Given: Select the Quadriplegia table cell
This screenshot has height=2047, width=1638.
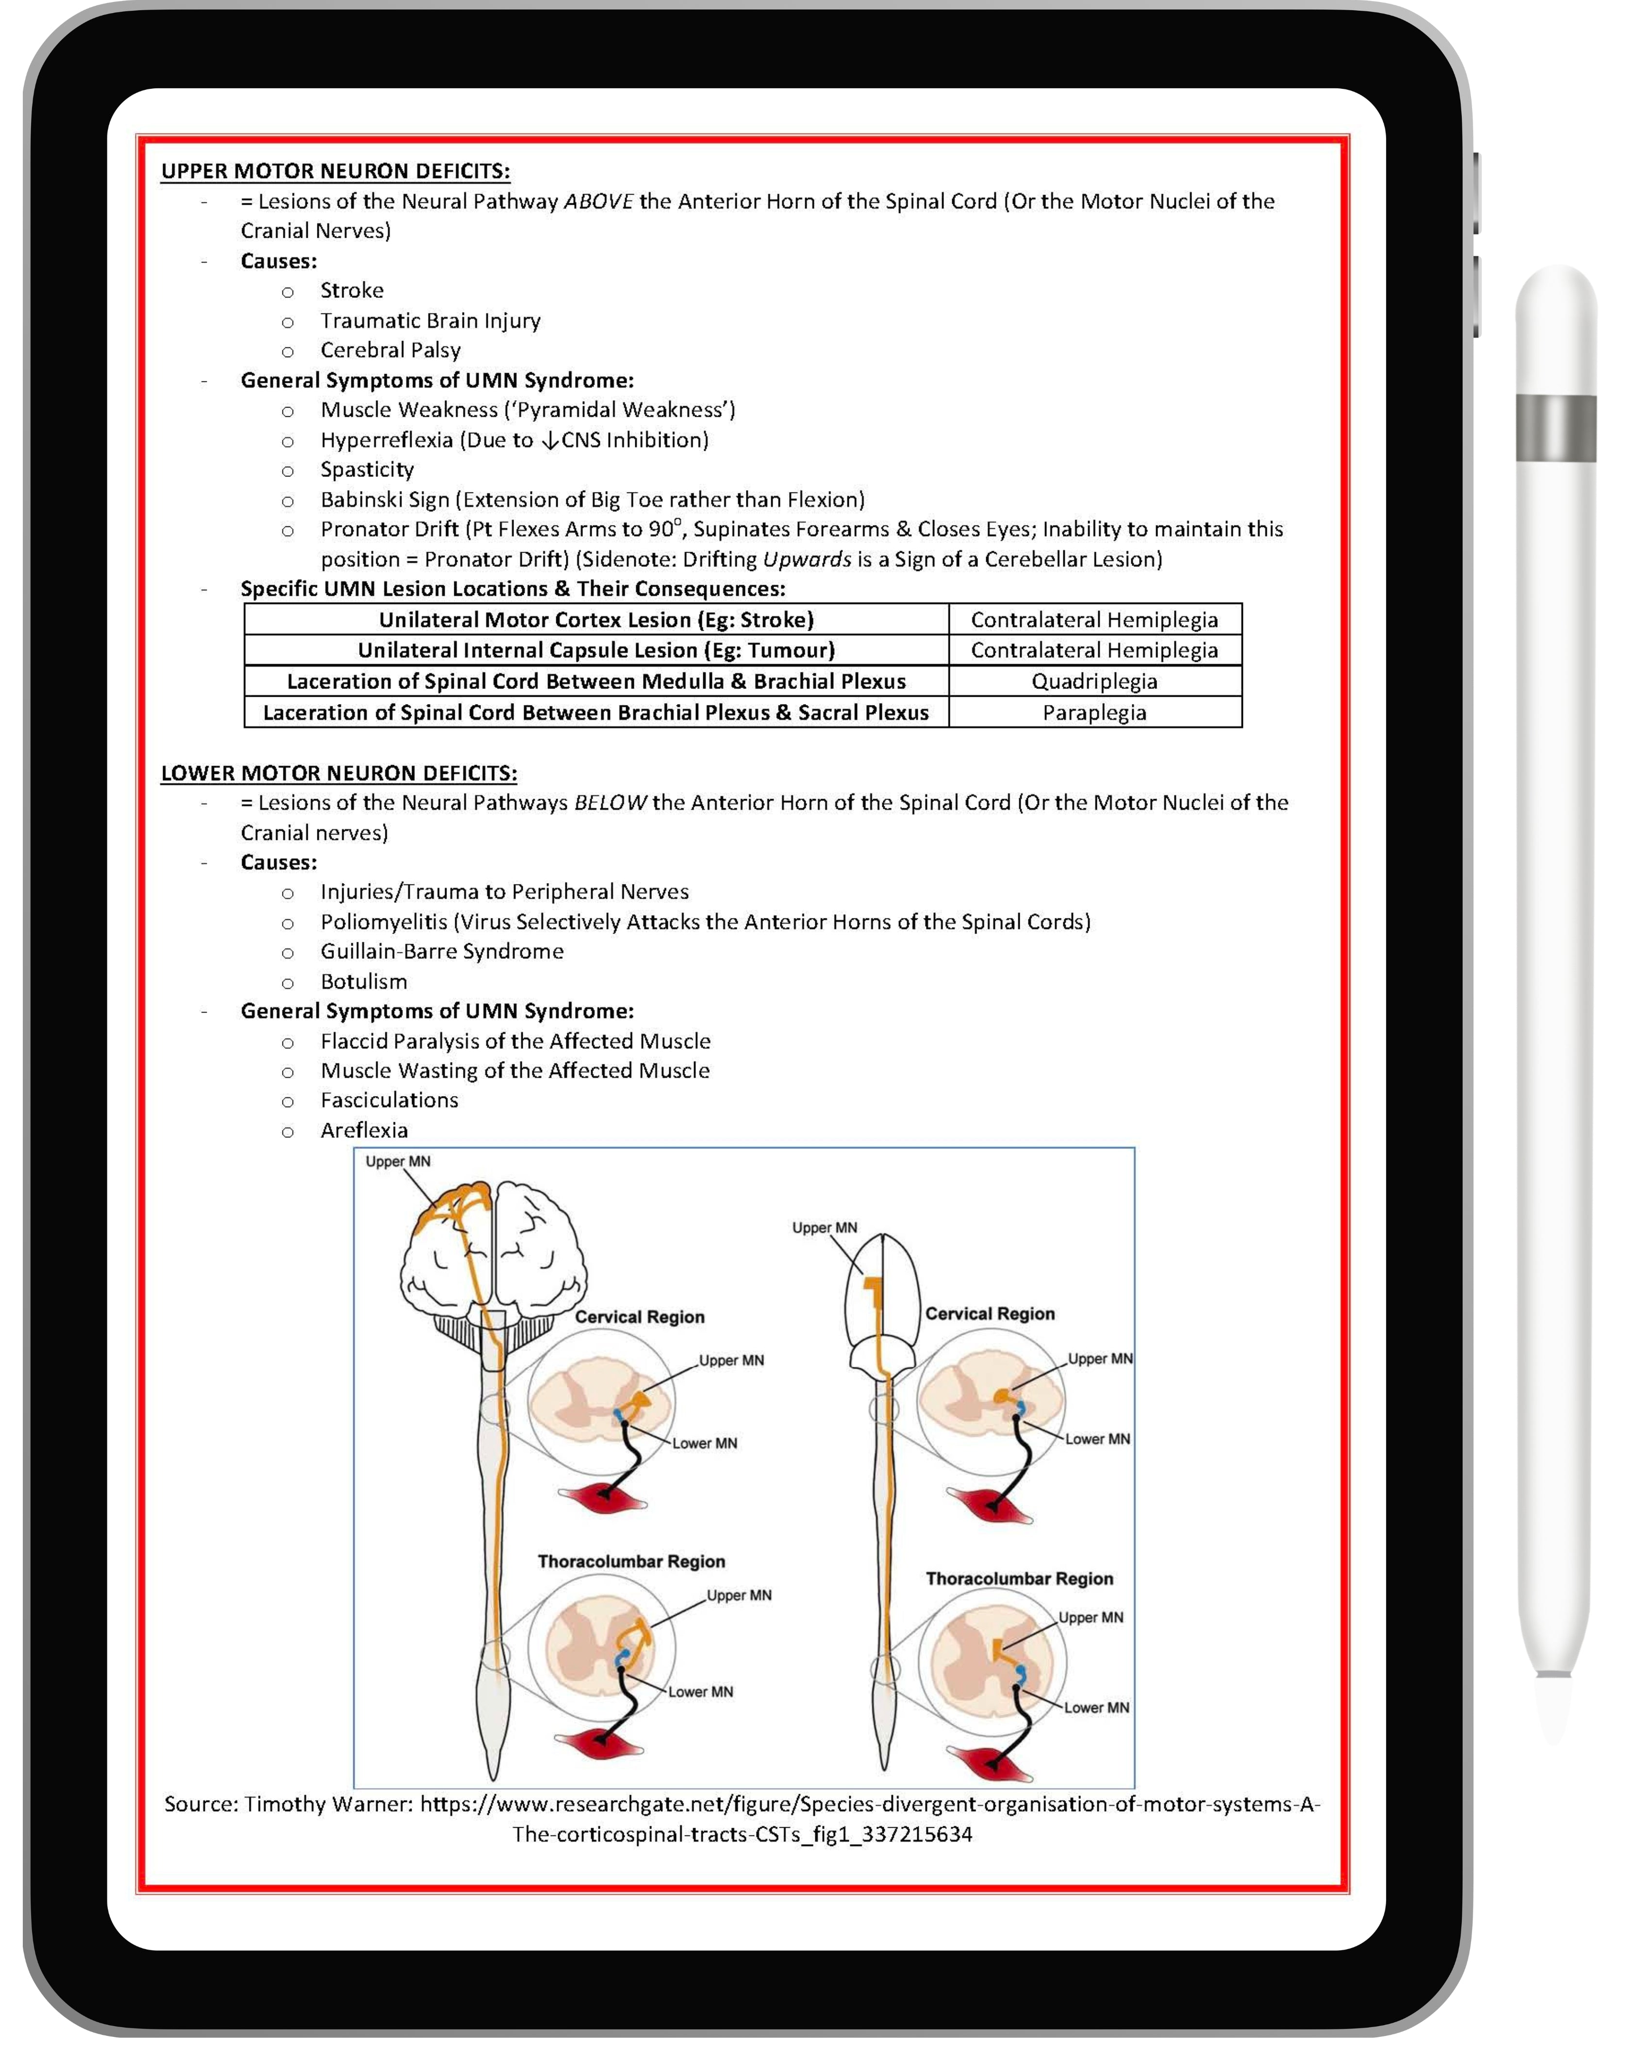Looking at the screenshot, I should click(1094, 682).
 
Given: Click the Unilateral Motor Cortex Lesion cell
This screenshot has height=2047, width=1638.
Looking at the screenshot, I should click(596, 620).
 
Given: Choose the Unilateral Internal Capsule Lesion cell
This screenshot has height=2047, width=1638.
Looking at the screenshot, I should click(596, 650).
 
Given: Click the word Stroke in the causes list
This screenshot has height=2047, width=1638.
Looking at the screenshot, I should click(351, 291).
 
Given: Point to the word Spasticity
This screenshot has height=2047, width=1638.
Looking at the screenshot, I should click(366, 470).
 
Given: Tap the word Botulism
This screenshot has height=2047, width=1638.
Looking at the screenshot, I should click(364, 982).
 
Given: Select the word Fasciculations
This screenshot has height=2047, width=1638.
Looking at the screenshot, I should click(389, 1100).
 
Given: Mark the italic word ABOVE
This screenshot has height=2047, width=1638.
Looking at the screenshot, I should click(598, 201).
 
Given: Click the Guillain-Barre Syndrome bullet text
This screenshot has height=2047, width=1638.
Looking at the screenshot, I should click(442, 951).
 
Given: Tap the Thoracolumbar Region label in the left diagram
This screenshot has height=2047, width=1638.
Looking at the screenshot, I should click(631, 1562).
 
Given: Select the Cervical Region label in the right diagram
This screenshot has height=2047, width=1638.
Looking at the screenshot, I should click(990, 1314).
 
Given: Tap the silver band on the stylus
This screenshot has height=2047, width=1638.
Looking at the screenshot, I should click(1555, 427).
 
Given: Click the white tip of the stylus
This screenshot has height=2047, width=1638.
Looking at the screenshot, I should click(1554, 1709).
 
